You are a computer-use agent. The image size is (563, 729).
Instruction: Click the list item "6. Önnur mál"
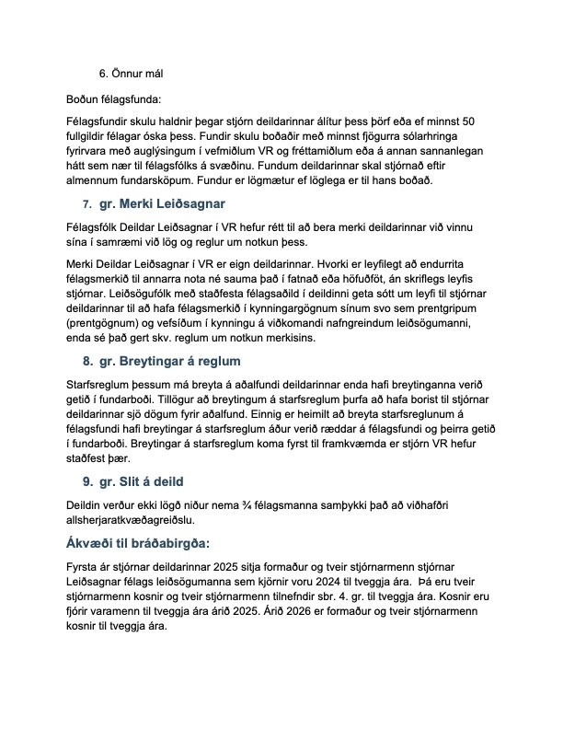pos(131,73)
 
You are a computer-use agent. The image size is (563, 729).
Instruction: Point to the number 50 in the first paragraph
pos(467,121)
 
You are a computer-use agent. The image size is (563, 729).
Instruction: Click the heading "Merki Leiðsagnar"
pos(167,203)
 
